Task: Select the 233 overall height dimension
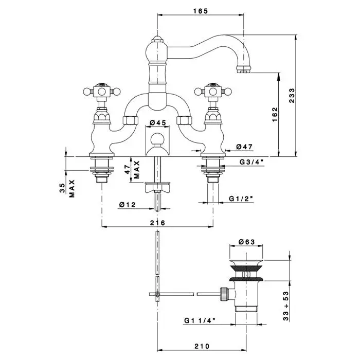(x=292, y=95)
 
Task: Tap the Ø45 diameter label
(x=157, y=123)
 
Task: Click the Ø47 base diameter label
(x=244, y=147)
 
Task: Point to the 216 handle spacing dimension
(x=157, y=223)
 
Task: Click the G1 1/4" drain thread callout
(x=200, y=320)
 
